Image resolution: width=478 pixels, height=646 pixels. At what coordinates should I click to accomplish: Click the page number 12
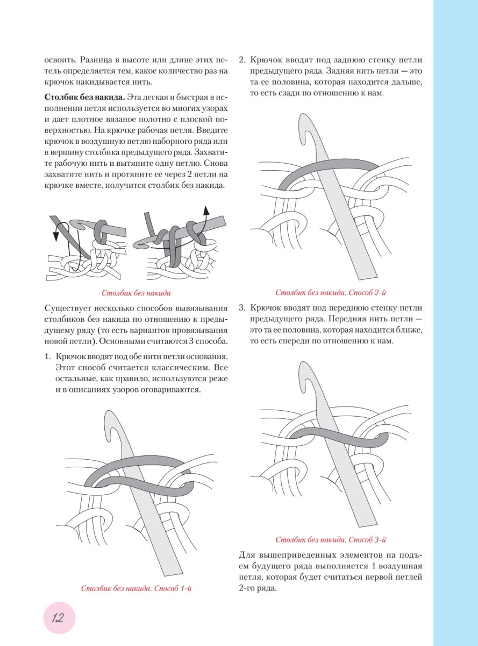(x=58, y=618)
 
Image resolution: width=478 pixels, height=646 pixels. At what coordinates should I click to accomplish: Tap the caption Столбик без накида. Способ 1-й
(x=137, y=588)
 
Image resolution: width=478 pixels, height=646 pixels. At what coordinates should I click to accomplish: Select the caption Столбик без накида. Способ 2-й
(x=331, y=293)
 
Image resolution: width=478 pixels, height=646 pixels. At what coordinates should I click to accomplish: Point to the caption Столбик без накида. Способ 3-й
(x=331, y=539)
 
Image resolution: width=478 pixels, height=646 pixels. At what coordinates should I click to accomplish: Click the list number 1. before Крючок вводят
(x=47, y=357)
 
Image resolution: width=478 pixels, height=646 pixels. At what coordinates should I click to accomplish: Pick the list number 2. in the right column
(x=242, y=60)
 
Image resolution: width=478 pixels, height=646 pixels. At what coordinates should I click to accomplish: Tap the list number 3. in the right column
(x=242, y=308)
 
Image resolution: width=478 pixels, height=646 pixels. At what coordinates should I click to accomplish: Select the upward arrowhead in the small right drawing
(x=205, y=209)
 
